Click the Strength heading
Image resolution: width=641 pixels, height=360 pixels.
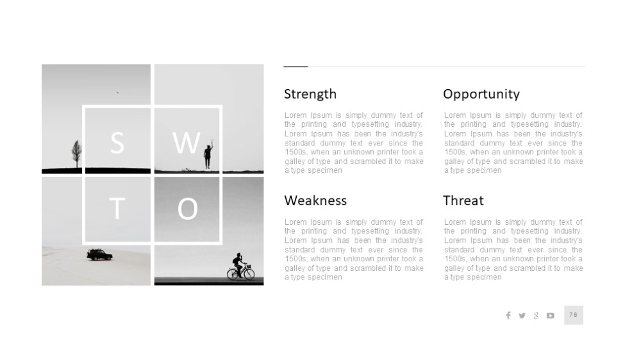click(310, 94)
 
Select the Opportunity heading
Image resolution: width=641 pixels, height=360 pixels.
click(481, 94)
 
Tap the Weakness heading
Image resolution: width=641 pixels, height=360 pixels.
click(315, 200)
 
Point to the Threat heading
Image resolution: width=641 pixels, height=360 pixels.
click(463, 200)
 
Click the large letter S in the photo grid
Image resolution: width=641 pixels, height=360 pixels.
click(117, 143)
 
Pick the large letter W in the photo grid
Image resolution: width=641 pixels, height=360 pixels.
click(187, 143)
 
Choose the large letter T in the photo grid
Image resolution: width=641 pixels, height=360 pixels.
click(117, 208)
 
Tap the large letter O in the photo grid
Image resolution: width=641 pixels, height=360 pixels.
click(188, 209)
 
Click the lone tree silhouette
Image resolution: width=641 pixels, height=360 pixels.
click(76, 154)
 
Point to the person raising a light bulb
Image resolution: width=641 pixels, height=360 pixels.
click(208, 154)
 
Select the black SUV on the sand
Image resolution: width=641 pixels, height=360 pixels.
click(99, 255)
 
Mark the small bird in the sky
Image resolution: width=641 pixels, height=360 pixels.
click(117, 92)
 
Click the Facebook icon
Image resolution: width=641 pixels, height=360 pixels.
click(508, 315)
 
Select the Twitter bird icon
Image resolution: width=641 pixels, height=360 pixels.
click(522, 315)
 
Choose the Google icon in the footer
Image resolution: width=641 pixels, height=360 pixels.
click(536, 315)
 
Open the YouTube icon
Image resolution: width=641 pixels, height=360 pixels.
click(551, 315)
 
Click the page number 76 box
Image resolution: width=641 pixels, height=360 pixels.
click(574, 315)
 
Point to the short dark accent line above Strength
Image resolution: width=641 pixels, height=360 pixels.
click(296, 66)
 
